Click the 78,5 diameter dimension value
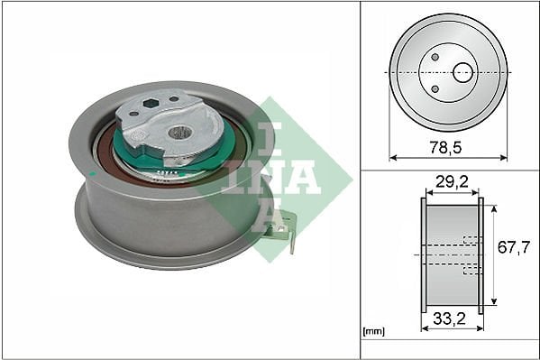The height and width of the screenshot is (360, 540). [445, 148]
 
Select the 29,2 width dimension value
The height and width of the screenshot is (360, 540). [452, 181]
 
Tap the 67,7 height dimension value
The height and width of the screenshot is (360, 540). [514, 247]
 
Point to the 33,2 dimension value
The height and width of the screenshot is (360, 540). [450, 318]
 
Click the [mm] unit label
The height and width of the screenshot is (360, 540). [373, 331]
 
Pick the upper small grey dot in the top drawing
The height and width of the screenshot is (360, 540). [435, 57]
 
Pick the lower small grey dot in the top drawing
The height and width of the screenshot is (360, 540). [435, 89]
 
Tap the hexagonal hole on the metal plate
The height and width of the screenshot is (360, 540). [150, 103]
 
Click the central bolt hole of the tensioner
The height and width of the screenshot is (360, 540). [179, 132]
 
